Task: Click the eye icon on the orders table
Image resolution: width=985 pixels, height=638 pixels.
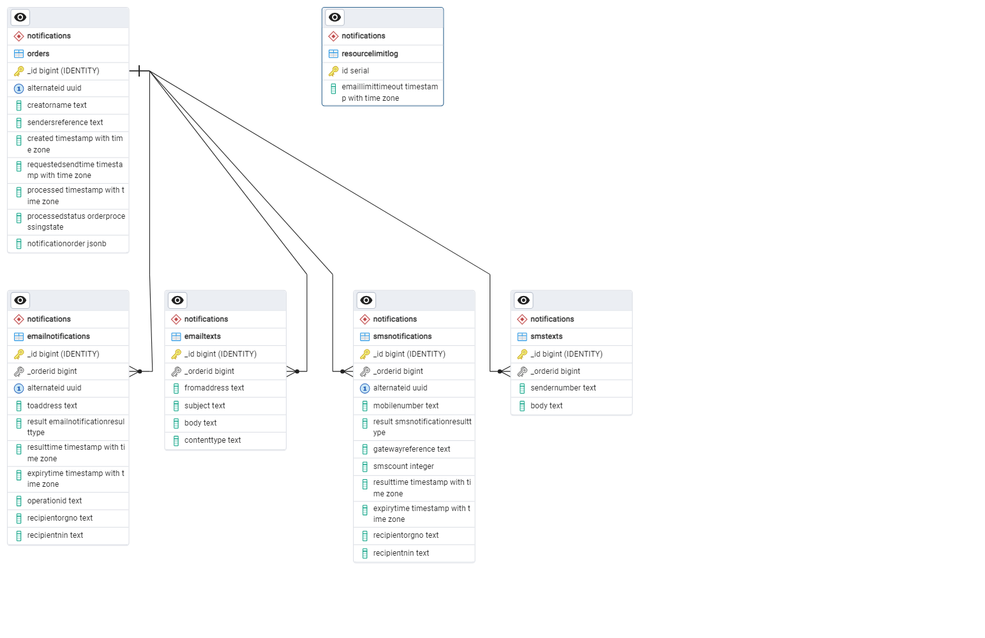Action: click(20, 17)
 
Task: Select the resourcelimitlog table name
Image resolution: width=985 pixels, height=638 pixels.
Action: click(370, 54)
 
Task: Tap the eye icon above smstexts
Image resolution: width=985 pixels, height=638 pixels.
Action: click(523, 300)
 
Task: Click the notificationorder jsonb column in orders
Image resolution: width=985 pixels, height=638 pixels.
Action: click(66, 244)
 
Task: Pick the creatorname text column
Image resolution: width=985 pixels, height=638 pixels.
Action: click(57, 105)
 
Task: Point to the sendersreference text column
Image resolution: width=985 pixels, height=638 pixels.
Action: click(65, 122)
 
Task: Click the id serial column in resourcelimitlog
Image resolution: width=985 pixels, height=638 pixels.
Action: click(355, 71)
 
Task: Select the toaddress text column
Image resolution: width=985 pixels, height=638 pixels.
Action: click(52, 406)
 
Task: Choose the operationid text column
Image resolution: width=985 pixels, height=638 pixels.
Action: click(54, 501)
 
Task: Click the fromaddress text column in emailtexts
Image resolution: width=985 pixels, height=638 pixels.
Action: click(214, 388)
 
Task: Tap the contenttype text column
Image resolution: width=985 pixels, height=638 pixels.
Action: click(213, 440)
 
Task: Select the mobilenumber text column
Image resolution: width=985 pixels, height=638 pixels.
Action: click(406, 406)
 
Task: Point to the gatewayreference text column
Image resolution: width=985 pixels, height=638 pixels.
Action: click(412, 449)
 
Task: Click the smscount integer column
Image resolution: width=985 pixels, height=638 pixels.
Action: click(403, 466)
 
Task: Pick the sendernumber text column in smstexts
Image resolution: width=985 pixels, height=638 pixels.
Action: click(563, 388)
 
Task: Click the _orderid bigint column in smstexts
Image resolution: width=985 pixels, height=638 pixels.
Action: click(555, 371)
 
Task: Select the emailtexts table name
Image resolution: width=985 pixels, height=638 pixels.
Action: click(202, 336)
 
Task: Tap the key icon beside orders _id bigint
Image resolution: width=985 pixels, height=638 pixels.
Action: click(19, 71)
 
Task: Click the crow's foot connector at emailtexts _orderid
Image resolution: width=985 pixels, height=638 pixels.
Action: click(293, 371)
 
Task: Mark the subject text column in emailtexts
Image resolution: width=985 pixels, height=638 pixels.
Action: click(204, 406)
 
